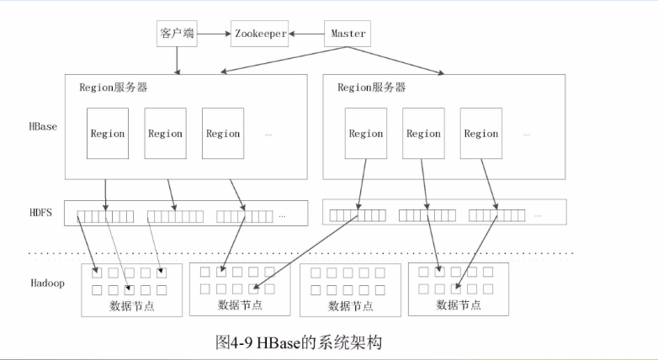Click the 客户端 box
coord(177,34)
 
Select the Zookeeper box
coord(260,34)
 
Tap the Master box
coord(348,34)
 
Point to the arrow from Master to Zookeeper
coord(307,34)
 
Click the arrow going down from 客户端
coord(177,61)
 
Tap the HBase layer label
coord(42,126)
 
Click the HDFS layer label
coord(40,213)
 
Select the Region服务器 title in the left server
coord(114,87)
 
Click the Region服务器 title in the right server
coord(371,87)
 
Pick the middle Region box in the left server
coord(165,133)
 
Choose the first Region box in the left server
coord(108,133)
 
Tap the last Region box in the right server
coord(480,133)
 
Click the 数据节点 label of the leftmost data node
coord(132,305)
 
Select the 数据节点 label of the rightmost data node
coord(459,304)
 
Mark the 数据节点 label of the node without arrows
coord(350,305)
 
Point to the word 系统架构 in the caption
coord(353,343)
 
